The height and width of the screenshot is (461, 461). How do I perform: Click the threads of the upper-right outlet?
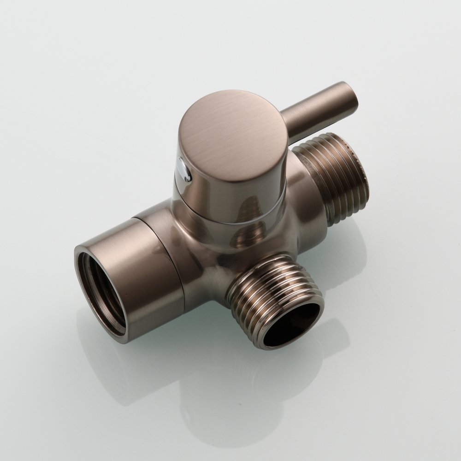point(332,180)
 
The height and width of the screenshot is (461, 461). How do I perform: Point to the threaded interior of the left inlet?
point(99,290)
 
